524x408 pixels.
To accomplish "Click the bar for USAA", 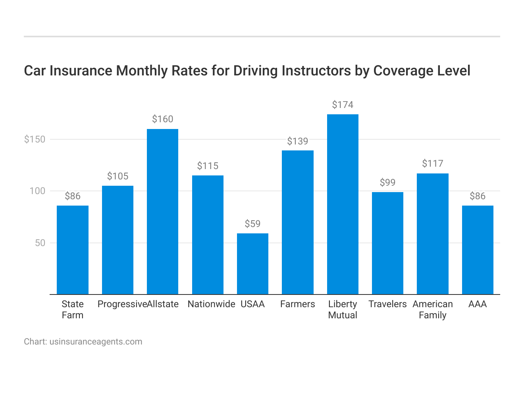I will coord(252,264).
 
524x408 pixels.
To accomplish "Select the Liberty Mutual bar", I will coord(343,204).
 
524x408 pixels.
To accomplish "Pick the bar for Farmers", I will coord(297,222).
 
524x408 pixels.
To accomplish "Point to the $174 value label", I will coord(343,105).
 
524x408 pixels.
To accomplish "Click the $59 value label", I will coord(252,224).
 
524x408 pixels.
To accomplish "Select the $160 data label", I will coord(162,119).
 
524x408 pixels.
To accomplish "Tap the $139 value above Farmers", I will coord(297,141).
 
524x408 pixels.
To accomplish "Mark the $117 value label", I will coord(432,164).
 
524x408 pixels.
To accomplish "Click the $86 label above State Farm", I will coord(73,196).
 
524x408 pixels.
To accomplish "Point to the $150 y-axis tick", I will coord(35,139).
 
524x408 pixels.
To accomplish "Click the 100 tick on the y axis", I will coord(37,191).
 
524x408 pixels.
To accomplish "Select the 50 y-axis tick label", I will coord(40,243).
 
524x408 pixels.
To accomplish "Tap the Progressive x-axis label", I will coord(122,304).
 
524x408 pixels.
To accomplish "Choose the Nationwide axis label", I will coord(211,304).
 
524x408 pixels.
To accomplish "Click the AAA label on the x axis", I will coord(477,304).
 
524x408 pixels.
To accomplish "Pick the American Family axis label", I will coord(432,310).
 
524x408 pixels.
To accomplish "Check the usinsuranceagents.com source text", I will coord(96,342).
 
